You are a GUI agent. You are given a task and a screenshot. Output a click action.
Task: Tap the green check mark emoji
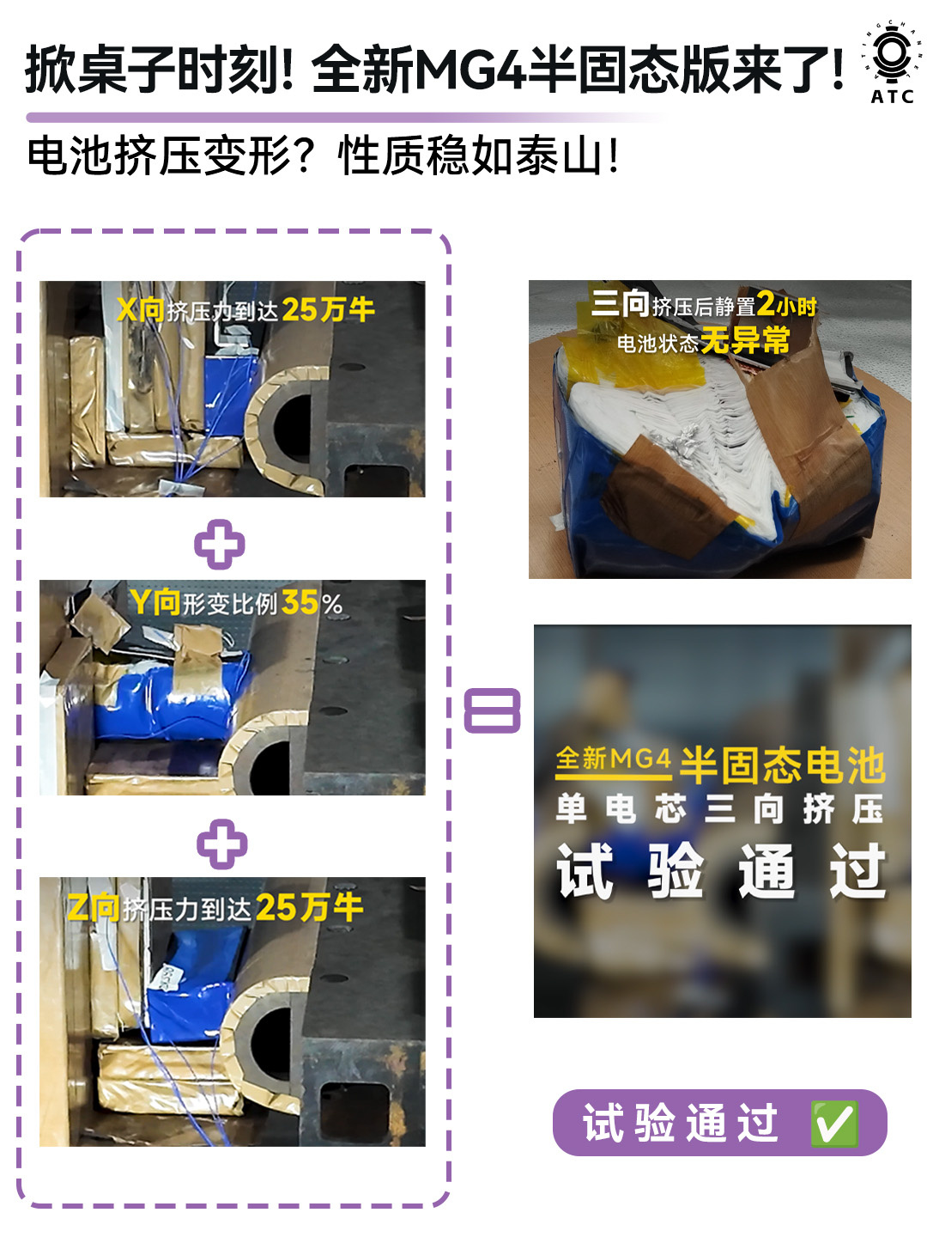[x=834, y=1124]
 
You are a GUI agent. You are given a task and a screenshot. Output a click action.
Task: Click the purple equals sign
[x=492, y=710]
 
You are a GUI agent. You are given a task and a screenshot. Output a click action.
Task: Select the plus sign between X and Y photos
[x=220, y=544]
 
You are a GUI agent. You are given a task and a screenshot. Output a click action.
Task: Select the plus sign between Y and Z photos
[x=221, y=844]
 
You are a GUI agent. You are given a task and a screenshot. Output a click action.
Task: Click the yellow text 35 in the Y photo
[x=300, y=603]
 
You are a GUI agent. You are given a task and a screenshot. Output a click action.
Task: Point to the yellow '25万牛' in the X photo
[x=329, y=309]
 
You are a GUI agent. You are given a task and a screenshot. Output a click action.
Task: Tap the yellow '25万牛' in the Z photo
[x=310, y=907]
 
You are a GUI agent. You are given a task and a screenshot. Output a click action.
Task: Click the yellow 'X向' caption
[x=141, y=309]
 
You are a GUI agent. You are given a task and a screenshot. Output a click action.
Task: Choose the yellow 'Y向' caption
[x=154, y=602]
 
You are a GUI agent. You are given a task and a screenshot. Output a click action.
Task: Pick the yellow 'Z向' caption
[x=93, y=908]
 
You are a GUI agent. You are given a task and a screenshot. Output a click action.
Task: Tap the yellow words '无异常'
[x=746, y=340]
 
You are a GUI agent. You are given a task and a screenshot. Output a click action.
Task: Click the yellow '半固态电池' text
[x=783, y=765]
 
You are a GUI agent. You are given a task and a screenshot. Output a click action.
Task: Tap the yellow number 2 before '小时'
[x=766, y=304]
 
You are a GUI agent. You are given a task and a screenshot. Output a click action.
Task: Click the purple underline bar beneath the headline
[x=343, y=117]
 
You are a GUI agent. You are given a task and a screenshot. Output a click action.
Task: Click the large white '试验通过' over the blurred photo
[x=722, y=871]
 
